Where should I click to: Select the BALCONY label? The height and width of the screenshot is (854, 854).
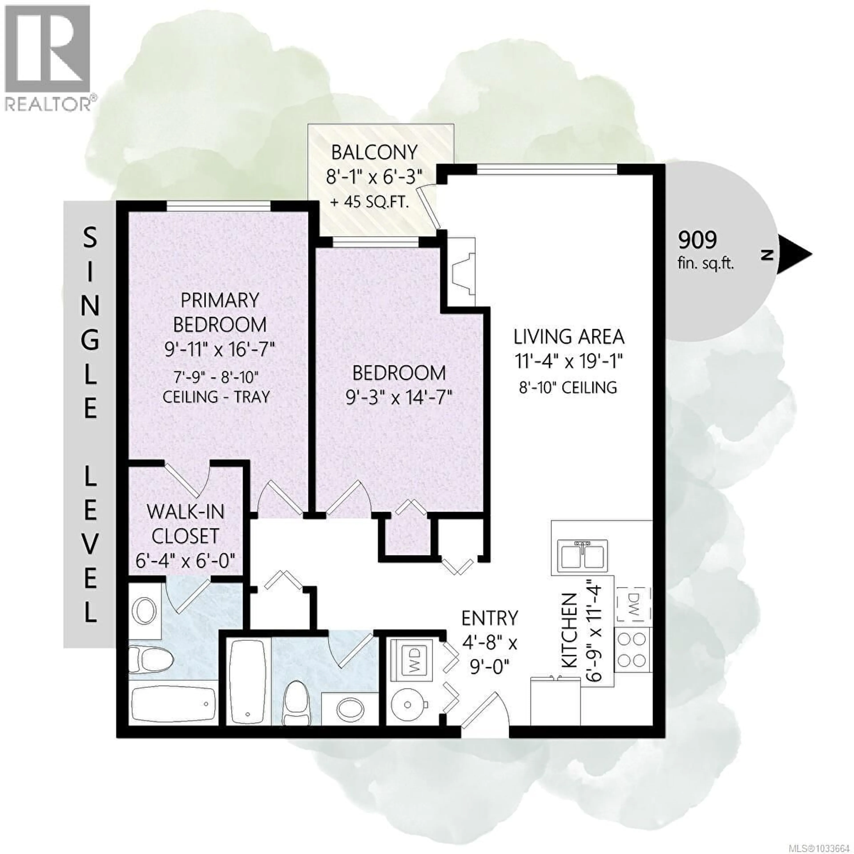click(374, 153)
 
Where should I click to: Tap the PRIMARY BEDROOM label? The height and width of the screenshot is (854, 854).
click(220, 312)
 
